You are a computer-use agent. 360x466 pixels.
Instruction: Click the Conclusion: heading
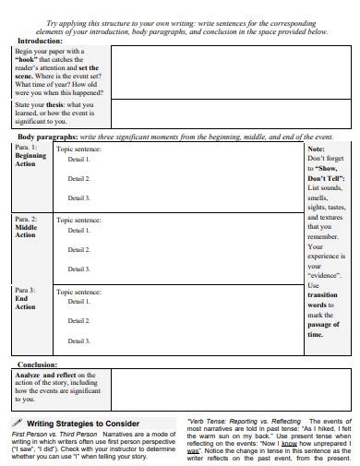(38, 364)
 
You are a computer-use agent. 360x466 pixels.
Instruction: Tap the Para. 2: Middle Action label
(26, 228)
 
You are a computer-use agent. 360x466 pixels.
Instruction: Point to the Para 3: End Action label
(26, 299)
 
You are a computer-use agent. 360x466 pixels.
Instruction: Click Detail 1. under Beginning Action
(78, 159)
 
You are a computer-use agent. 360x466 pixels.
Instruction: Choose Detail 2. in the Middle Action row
(78, 249)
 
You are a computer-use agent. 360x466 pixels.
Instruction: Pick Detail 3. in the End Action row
(78, 340)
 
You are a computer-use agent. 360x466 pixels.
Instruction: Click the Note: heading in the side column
(316, 148)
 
